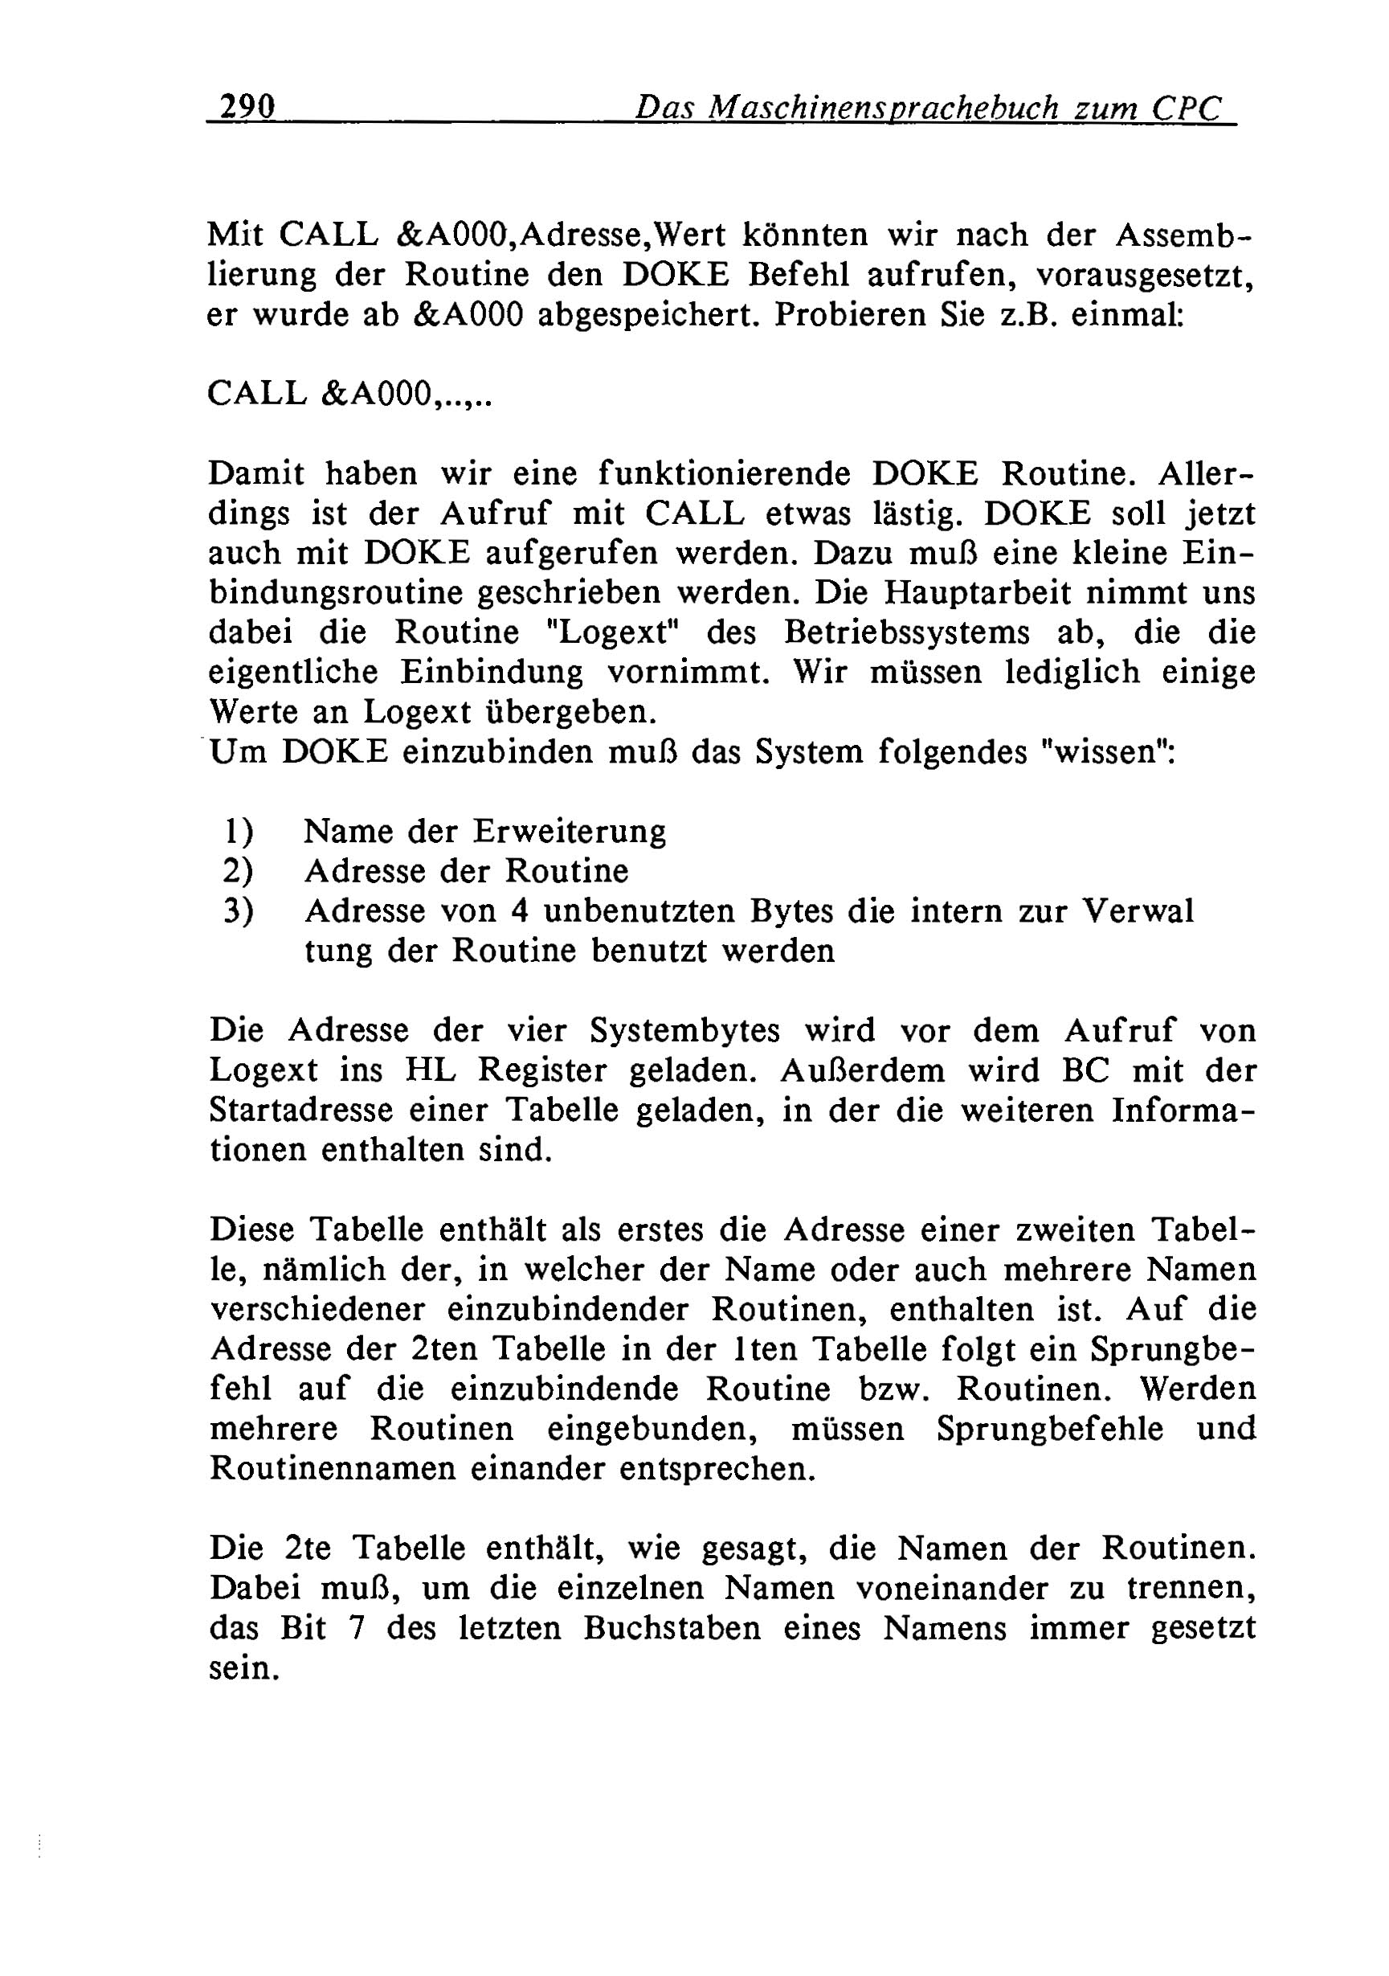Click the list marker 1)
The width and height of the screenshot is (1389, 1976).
point(238,833)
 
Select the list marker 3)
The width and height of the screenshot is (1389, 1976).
point(238,911)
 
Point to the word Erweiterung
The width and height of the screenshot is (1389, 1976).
point(570,833)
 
